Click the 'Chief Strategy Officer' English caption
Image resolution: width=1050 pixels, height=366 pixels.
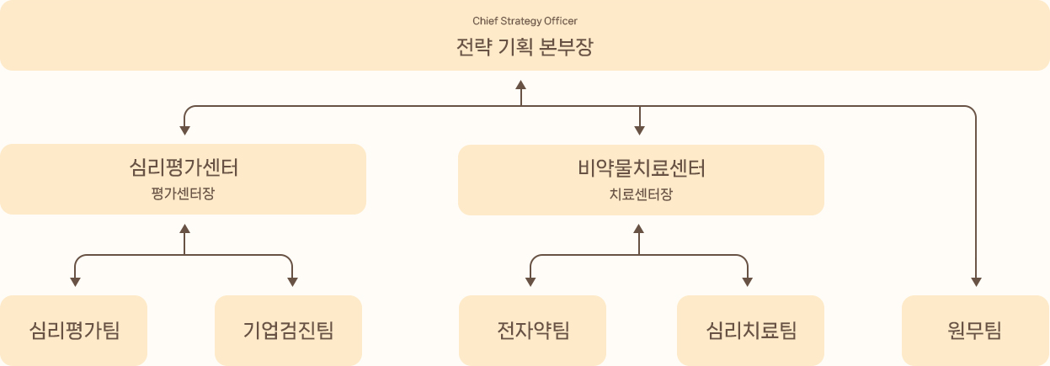pyautogui.click(x=525, y=20)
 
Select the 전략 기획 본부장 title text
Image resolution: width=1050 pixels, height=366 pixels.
pyautogui.click(x=525, y=46)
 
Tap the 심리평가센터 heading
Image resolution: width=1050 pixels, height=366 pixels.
pyautogui.click(x=184, y=167)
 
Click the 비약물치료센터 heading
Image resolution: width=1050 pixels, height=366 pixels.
pyautogui.click(x=640, y=167)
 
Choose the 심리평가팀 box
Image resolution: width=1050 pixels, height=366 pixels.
pyautogui.click(x=74, y=330)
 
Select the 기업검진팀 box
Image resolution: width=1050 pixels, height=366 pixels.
pyautogui.click(x=289, y=330)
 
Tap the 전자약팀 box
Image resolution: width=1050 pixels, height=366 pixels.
pyautogui.click(x=533, y=330)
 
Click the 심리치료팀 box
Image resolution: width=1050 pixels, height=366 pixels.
pyautogui.click(x=751, y=330)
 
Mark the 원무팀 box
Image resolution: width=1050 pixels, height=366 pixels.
pyautogui.click(x=974, y=330)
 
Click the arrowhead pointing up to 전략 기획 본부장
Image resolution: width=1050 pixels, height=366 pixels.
pyautogui.click(x=521, y=85)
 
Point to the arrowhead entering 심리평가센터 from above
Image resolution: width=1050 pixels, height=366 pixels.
pyautogui.click(x=184, y=130)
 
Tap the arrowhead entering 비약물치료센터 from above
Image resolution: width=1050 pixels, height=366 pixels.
pyautogui.click(x=640, y=130)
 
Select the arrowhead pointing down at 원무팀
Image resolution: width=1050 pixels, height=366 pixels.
pyautogui.click(x=977, y=282)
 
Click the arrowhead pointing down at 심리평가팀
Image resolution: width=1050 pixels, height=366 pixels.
pyautogui.click(x=76, y=282)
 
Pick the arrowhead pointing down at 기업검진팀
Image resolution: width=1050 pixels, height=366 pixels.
pyautogui.click(x=292, y=282)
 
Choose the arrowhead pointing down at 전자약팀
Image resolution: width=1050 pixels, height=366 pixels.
pyautogui.click(x=531, y=282)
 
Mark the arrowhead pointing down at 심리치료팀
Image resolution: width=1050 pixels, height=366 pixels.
pyautogui.click(x=748, y=282)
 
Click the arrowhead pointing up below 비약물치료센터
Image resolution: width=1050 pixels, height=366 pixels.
pyautogui.click(x=639, y=229)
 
